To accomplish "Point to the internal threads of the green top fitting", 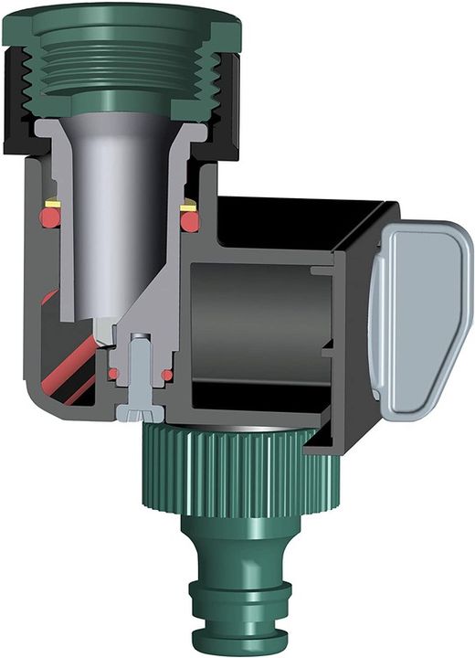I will [128, 69].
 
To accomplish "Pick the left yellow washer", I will [54, 203].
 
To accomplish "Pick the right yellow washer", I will [189, 207].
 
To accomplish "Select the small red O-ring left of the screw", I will [113, 374].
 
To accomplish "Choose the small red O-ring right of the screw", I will [167, 374].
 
